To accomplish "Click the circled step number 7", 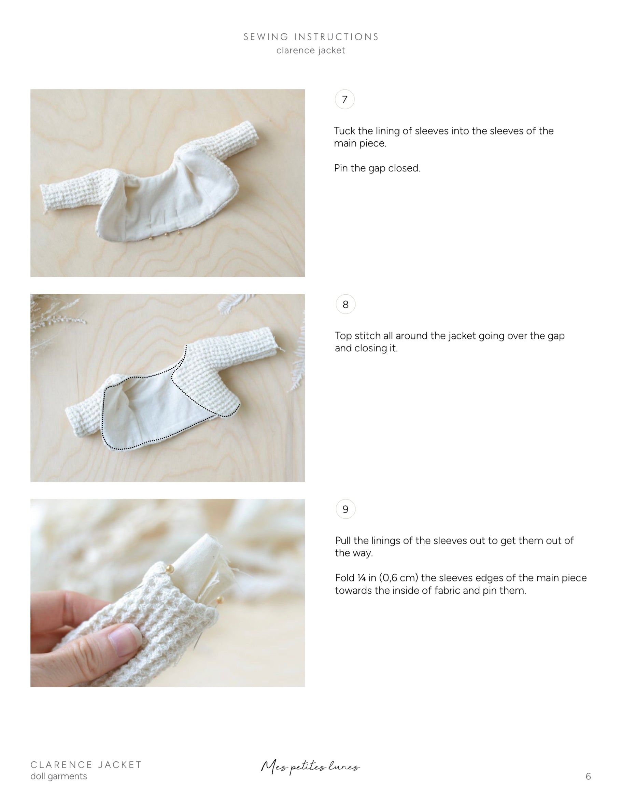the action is tap(344, 99).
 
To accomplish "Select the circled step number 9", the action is tap(345, 509).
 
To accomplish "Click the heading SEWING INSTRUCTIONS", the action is tap(311, 37).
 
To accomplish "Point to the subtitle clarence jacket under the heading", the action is tap(311, 50).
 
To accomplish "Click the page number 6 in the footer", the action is tap(588, 776).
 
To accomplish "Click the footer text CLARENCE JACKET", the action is tap(86, 765).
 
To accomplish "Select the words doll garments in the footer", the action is tap(59, 776).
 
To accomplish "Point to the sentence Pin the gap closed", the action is tap(377, 168).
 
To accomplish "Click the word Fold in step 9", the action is tap(344, 578).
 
